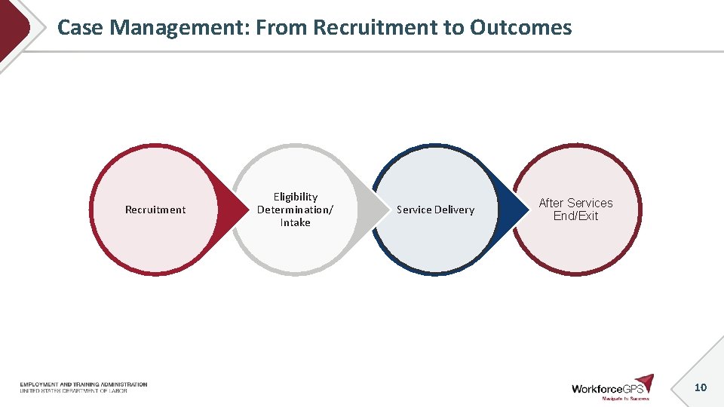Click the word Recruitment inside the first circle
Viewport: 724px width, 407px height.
click(155, 210)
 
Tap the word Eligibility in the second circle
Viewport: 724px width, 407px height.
click(296, 197)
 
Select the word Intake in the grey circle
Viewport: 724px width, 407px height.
click(296, 223)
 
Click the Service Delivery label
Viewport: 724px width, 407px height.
click(435, 210)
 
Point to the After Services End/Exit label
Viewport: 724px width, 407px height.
click(575, 209)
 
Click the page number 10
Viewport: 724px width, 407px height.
click(700, 387)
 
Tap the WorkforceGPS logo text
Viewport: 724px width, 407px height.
click(607, 389)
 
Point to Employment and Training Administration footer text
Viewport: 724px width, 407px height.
click(84, 384)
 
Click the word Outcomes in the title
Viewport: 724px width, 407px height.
click(520, 28)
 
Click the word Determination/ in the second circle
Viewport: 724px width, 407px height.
click(296, 210)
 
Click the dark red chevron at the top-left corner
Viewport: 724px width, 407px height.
click(14, 29)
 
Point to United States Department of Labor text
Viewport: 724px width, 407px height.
click(73, 390)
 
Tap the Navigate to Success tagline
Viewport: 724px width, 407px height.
click(625, 399)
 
